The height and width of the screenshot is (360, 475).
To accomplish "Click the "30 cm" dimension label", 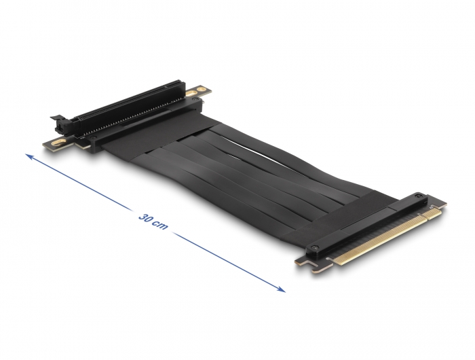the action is [x=153, y=221].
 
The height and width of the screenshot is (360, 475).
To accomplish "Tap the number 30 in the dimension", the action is [x=145, y=218].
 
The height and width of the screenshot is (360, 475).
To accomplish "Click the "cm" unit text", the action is [x=161, y=226].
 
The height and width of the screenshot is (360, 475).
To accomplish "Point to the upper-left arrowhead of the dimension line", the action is [x=28, y=156].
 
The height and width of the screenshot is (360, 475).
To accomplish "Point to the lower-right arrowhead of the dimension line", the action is [x=282, y=290].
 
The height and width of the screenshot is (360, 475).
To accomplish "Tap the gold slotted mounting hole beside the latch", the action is [x=59, y=142].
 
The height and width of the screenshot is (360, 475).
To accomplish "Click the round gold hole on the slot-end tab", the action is [x=201, y=89].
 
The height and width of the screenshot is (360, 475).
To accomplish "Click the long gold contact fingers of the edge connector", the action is [x=379, y=239].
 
